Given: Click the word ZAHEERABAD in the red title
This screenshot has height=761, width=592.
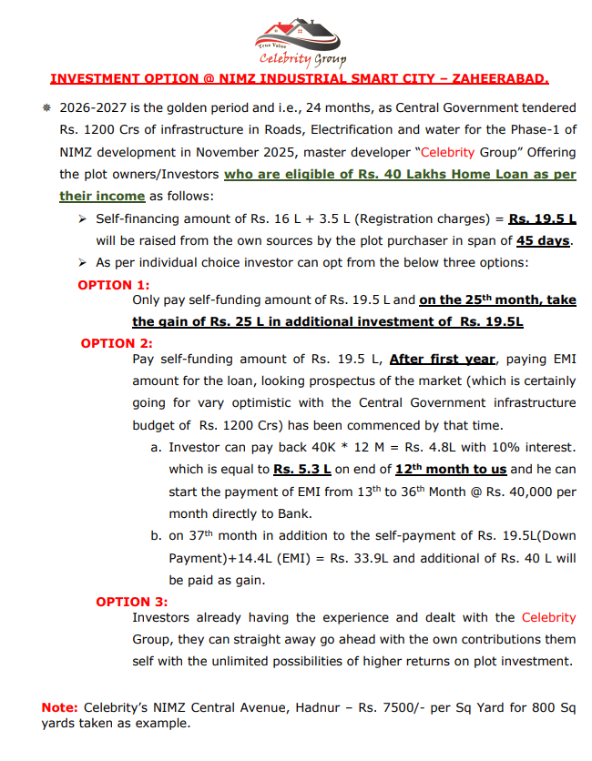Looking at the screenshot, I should point(500,79).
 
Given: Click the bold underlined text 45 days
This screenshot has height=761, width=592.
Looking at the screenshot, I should point(544,240).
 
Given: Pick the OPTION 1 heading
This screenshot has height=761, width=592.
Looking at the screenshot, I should point(114,285).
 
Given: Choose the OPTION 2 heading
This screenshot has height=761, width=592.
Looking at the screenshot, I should point(116,343).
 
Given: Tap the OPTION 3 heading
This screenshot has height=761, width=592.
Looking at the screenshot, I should point(132,601).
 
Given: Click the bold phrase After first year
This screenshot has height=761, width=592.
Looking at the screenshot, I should point(443,359).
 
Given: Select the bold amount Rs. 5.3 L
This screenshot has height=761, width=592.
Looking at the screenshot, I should point(301,469).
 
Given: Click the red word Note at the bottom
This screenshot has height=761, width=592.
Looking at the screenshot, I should point(59,707).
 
